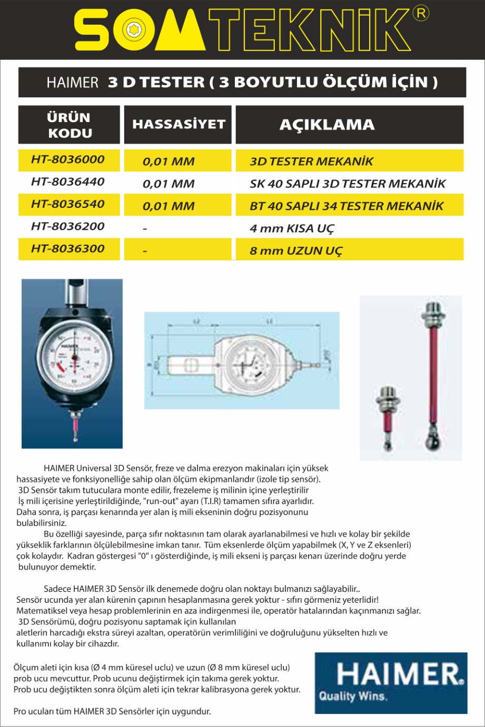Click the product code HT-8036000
[x=68, y=159]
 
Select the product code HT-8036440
[x=68, y=182]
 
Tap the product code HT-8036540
[x=68, y=204]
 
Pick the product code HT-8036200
[x=68, y=227]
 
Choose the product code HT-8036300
[x=68, y=249]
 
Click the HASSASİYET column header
[x=179, y=125]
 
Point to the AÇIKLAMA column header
[x=327, y=125]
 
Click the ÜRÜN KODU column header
[x=69, y=125]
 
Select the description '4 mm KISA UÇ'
[x=292, y=229]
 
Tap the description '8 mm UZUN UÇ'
[x=296, y=251]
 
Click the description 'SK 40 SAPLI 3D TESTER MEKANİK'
[x=348, y=184]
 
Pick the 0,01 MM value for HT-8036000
[x=169, y=162]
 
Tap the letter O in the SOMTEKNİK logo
[x=132, y=31]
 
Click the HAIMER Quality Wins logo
[x=391, y=683]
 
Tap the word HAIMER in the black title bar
[x=73, y=83]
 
